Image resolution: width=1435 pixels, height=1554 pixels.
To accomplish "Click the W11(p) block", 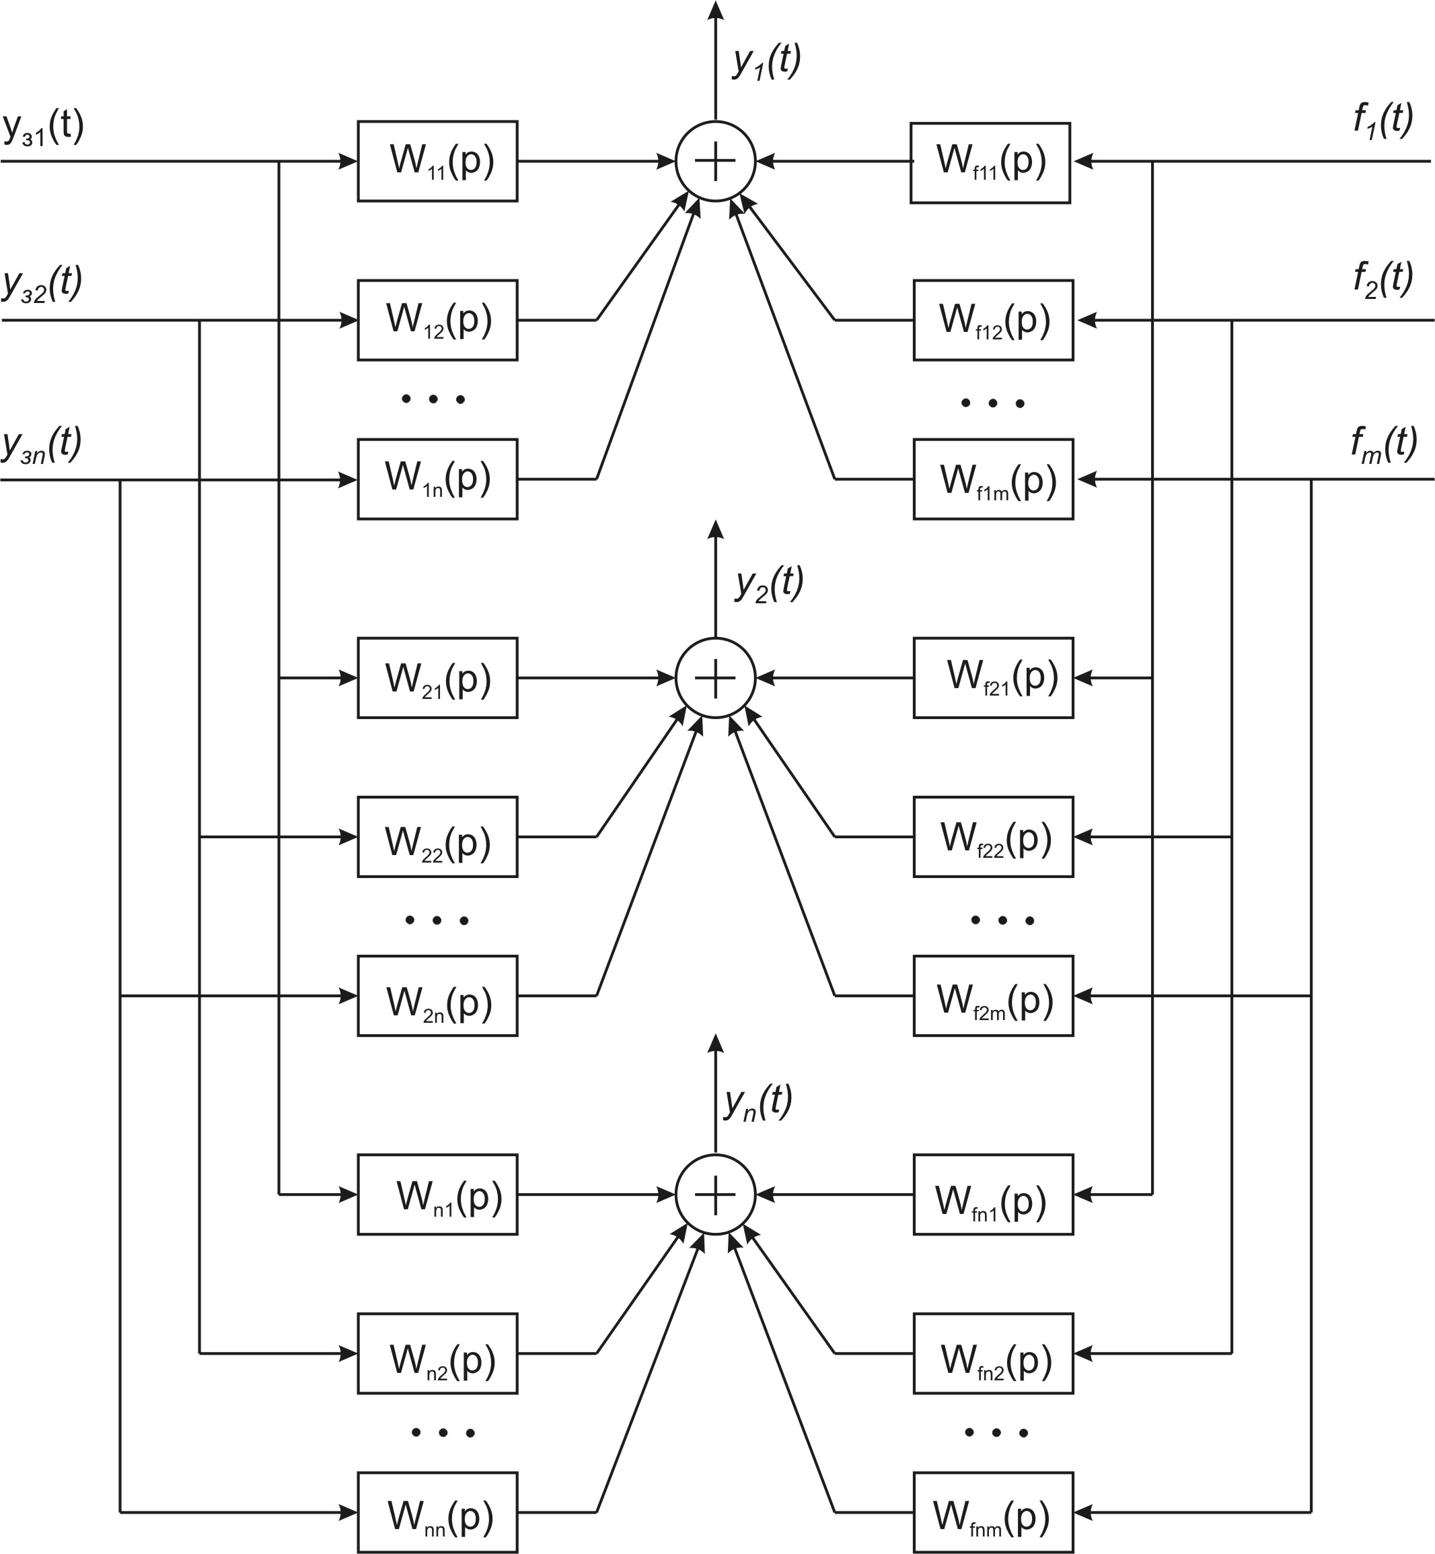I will tap(437, 162).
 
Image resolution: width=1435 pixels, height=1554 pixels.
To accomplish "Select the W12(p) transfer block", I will tap(437, 320).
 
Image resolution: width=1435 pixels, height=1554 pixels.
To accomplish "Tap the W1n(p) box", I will tap(437, 479).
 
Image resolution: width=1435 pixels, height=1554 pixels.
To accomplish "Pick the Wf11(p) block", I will tap(990, 163).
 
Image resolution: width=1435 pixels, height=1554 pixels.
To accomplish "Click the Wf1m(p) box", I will tap(993, 479).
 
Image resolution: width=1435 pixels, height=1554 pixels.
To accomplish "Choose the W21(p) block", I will tap(437, 678).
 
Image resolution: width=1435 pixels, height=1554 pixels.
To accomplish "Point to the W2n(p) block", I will tap(437, 996).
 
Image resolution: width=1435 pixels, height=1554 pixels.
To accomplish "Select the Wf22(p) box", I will tap(993, 837).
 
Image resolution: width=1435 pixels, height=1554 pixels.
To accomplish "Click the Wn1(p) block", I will tap(437, 1194).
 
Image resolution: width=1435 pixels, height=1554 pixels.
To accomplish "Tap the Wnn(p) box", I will tap(437, 1512).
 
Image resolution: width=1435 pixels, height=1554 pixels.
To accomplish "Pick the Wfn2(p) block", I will tap(993, 1353).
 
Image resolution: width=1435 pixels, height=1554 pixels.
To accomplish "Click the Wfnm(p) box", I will tap(993, 1512).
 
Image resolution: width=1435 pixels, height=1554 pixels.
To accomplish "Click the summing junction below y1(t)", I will tap(715, 162).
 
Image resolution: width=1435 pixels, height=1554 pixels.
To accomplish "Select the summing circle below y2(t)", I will tap(715, 678).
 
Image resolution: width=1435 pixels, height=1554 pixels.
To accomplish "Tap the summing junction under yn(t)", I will tap(715, 1194).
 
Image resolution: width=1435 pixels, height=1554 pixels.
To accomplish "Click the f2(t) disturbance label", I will tap(1383, 279).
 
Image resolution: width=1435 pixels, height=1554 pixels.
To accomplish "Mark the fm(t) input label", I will tap(1384, 445).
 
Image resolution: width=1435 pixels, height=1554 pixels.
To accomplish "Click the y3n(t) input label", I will tap(42, 445).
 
